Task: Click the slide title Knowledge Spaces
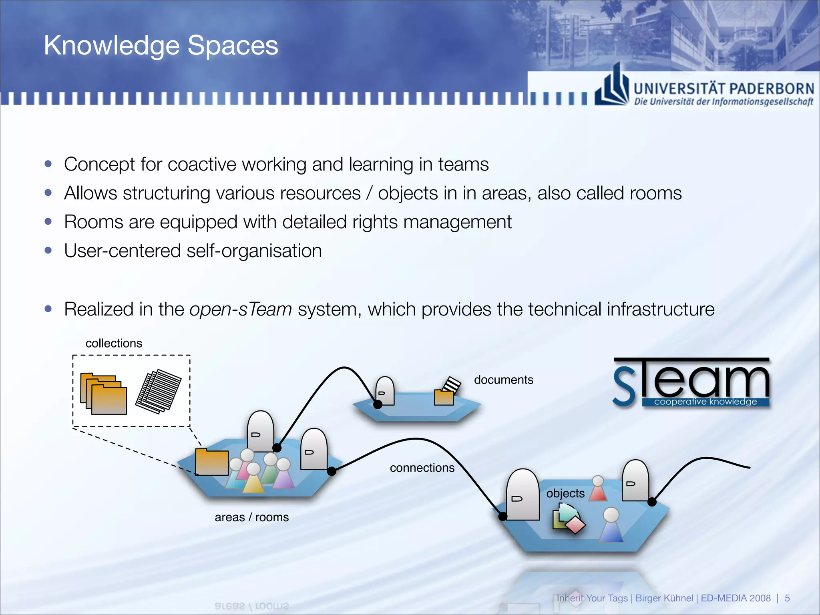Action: (161, 45)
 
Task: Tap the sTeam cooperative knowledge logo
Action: (691, 383)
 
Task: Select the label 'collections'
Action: (114, 343)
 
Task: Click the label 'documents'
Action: (503, 380)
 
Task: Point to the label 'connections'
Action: (422, 468)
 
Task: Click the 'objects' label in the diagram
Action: (565, 493)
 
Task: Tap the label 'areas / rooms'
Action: (251, 517)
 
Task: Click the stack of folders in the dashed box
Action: (103, 394)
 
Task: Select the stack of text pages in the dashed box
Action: (159, 391)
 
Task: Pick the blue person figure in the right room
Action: (611, 526)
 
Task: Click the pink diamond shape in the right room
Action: (575, 525)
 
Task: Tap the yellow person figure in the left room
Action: (253, 478)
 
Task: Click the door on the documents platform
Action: (384, 391)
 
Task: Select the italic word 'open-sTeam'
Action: (241, 310)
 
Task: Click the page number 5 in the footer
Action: (787, 598)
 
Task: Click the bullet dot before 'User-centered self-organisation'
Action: (48, 251)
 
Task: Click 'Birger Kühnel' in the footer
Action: (664, 598)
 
